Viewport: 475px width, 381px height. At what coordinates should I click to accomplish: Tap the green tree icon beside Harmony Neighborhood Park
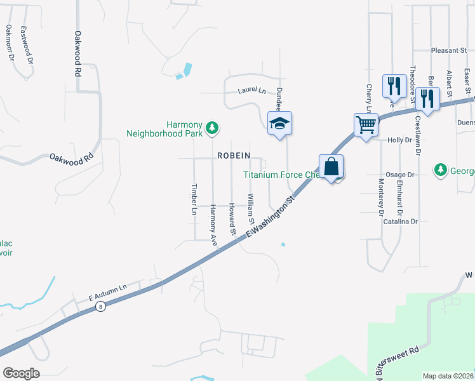click(213, 129)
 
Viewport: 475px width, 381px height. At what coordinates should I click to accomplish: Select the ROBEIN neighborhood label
click(234, 155)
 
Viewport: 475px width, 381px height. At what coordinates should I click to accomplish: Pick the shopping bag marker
click(331, 167)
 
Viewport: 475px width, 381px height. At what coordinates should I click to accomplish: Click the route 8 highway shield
click(100, 307)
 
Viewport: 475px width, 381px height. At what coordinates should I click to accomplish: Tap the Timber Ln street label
click(194, 199)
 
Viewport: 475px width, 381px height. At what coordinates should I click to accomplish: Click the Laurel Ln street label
click(251, 90)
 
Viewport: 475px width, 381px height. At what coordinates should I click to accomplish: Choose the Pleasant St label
click(448, 50)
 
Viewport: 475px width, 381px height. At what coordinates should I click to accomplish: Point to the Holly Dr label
click(399, 140)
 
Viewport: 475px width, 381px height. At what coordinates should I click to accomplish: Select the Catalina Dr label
click(400, 222)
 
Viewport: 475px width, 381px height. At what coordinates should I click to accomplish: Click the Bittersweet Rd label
click(399, 360)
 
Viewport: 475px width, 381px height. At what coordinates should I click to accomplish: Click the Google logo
click(21, 373)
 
